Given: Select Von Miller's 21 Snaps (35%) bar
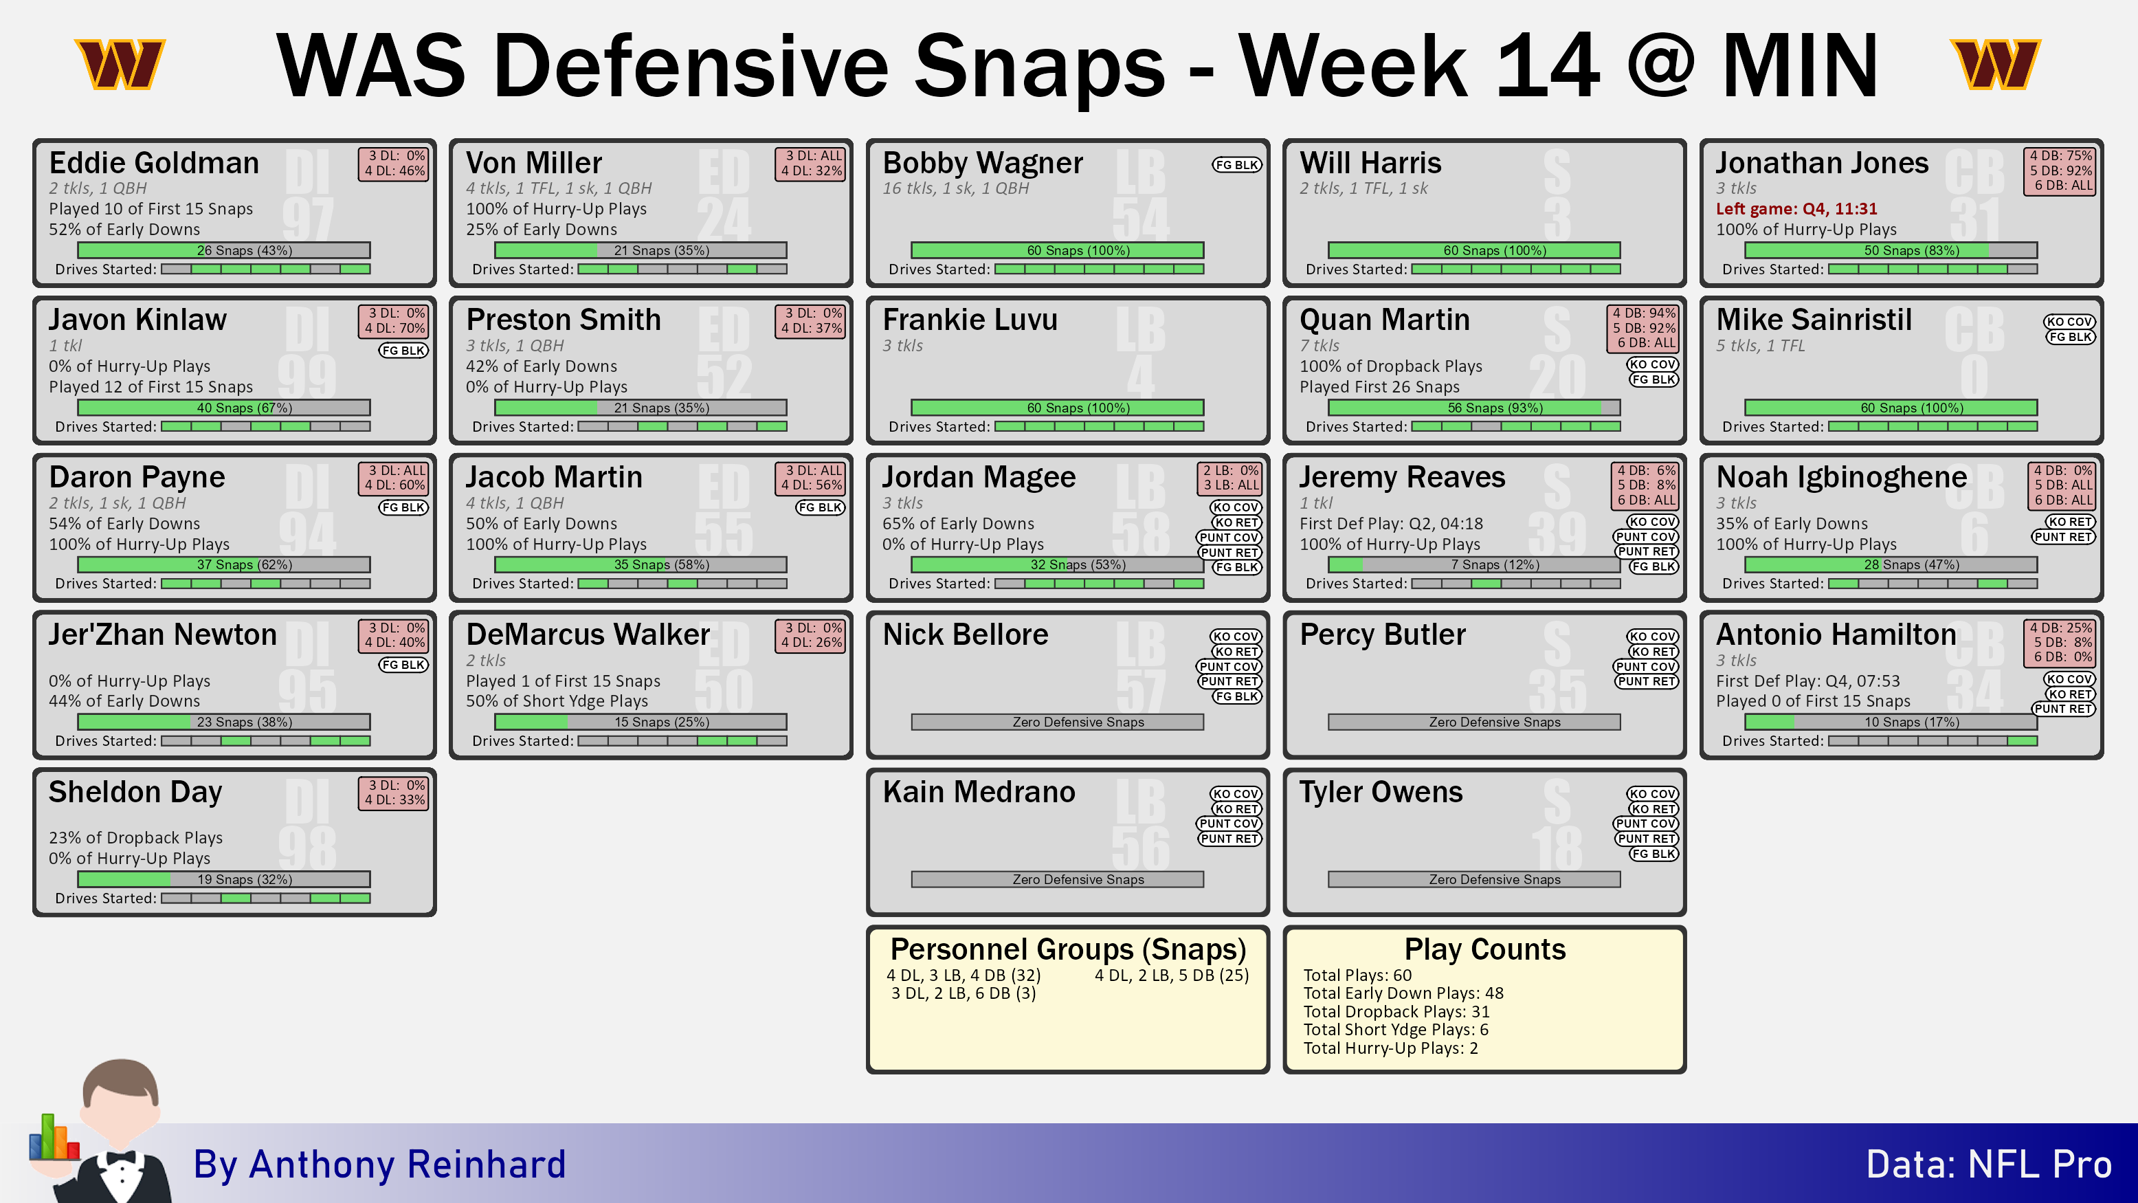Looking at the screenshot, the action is point(641,250).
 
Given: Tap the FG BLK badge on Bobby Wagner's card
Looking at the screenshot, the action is point(1236,164).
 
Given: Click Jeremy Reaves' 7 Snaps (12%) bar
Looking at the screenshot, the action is point(1474,564).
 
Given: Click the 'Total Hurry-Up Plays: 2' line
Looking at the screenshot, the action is point(1390,1048).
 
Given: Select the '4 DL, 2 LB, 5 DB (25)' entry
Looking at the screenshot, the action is point(1171,975).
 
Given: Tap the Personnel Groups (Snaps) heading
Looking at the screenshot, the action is point(1068,948).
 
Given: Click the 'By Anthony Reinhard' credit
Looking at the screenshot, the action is point(379,1164).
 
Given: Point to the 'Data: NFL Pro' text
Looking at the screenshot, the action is point(1989,1164).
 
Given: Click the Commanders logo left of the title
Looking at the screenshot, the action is point(120,64).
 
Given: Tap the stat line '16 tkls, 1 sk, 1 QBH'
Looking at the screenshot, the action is point(955,188).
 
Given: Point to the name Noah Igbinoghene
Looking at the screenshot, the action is point(1841,477).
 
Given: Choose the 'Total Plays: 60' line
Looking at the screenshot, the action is point(1357,975).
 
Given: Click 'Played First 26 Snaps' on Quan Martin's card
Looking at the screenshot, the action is point(1379,387).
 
